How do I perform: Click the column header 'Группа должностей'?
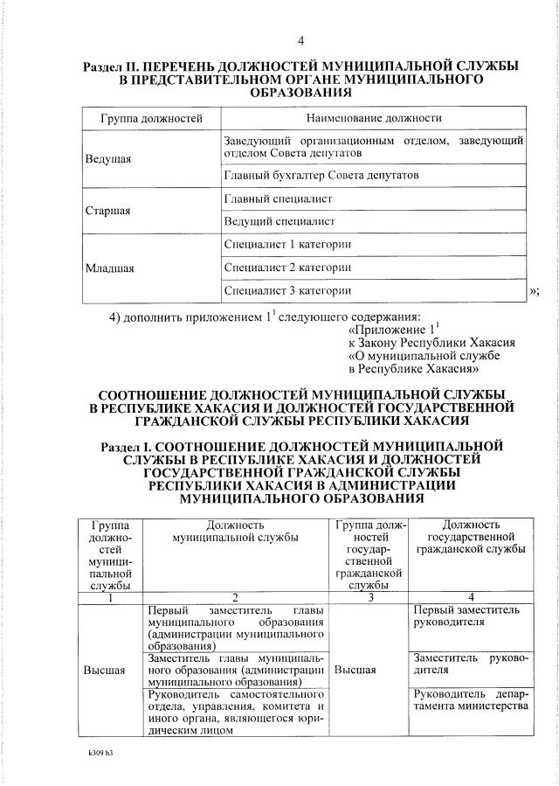click(x=151, y=117)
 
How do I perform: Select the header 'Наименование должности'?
click(x=374, y=117)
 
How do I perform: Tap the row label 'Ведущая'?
click(x=108, y=159)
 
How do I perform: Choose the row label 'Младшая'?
click(x=109, y=268)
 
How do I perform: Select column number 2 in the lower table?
click(x=236, y=596)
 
